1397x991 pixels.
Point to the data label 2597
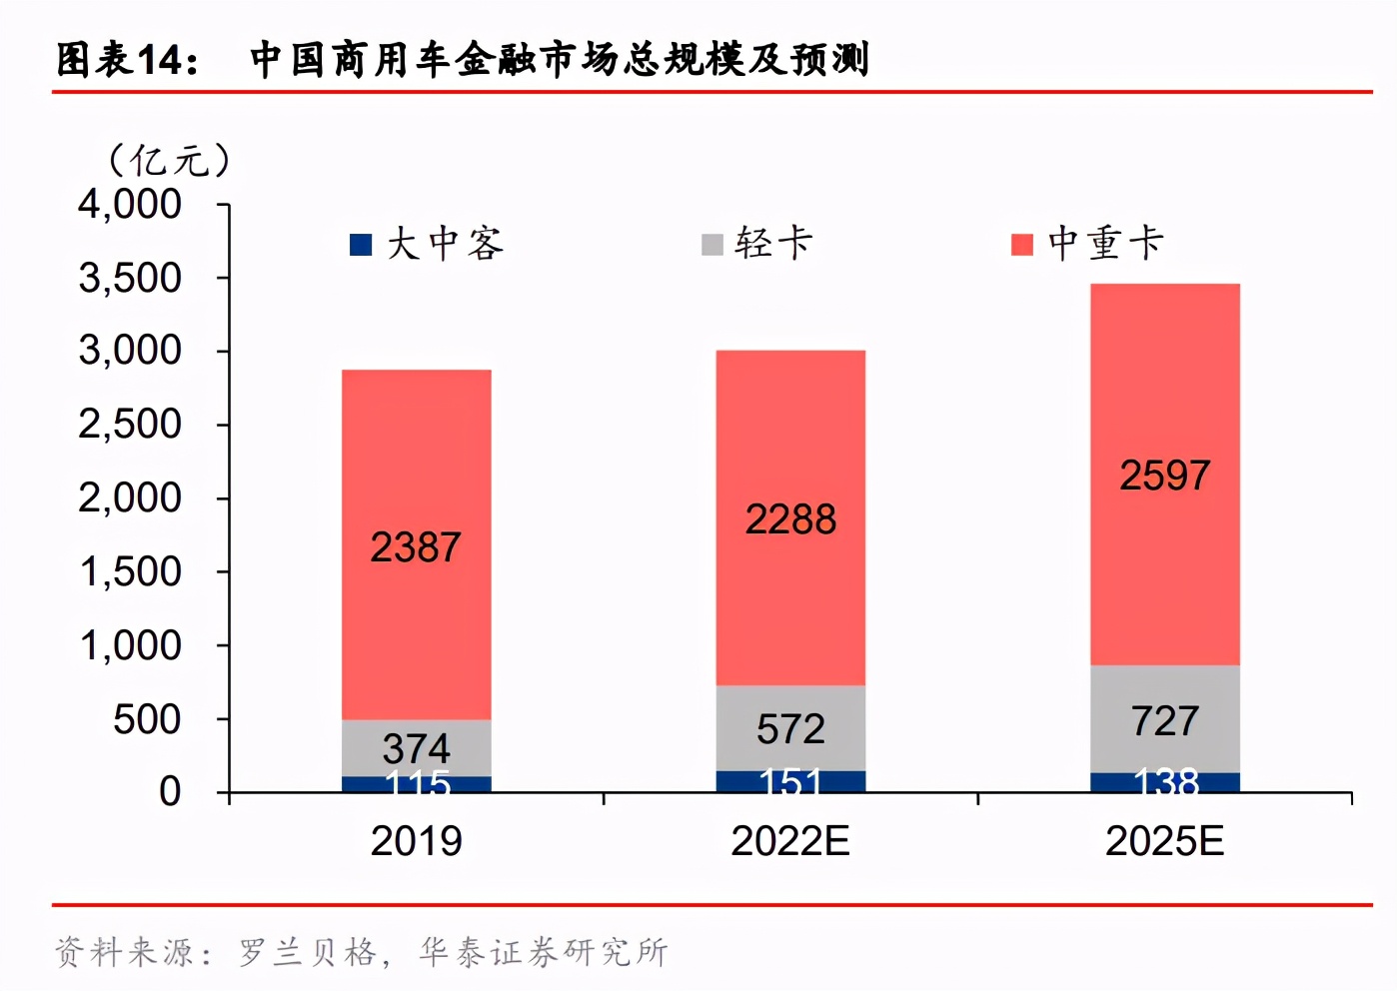(1164, 476)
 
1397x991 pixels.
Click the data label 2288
(790, 519)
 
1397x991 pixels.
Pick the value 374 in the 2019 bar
(416, 748)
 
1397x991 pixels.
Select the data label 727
(1164, 720)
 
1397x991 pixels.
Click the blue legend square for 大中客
(361, 245)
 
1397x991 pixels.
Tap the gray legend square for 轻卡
(712, 245)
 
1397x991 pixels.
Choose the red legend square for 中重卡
(1021, 245)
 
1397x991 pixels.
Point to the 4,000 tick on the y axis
(130, 205)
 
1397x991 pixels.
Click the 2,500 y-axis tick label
(130, 425)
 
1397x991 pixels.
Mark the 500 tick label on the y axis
(147, 719)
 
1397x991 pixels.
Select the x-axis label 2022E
(790, 841)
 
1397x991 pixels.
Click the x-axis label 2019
(416, 841)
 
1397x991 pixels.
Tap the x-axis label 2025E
(1164, 841)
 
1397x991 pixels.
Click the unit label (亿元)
(169, 160)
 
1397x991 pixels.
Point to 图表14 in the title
(126, 60)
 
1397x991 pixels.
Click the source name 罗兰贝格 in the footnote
(308, 952)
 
